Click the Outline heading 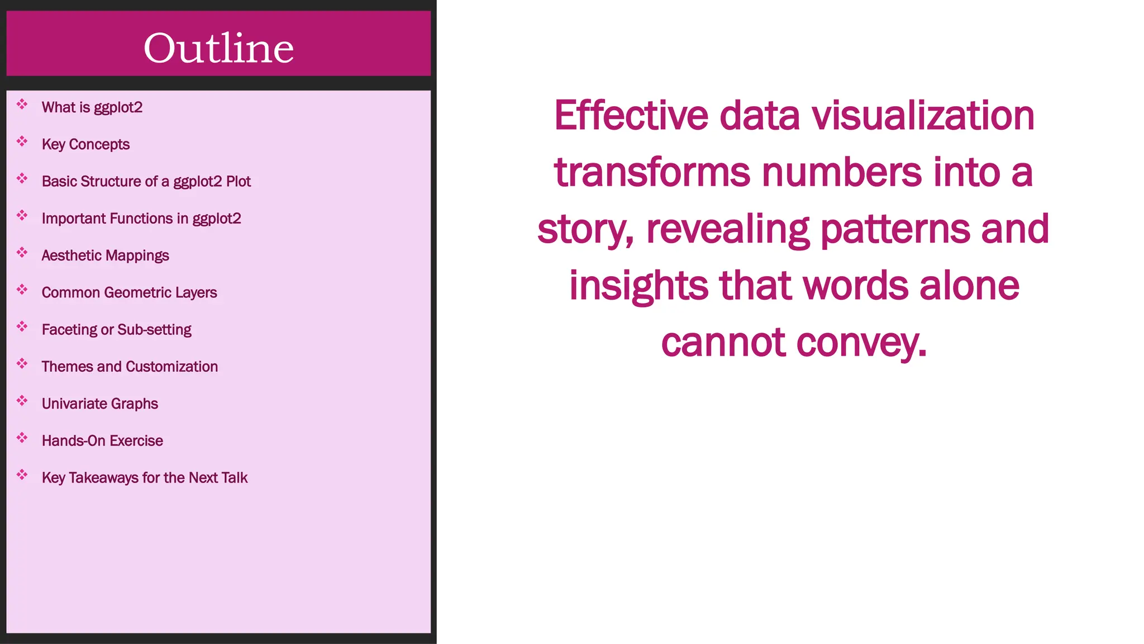(x=218, y=48)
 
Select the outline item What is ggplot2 (x=92, y=107)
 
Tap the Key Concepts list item (x=85, y=144)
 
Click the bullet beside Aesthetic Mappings (x=22, y=253)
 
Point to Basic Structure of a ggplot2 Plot (x=146, y=182)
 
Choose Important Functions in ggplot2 (x=141, y=219)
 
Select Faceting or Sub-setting (x=116, y=330)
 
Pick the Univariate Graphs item (x=100, y=404)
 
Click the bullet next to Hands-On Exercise (x=22, y=438)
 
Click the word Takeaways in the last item (x=103, y=478)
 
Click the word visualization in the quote (x=923, y=116)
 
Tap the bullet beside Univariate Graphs (x=22, y=401)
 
